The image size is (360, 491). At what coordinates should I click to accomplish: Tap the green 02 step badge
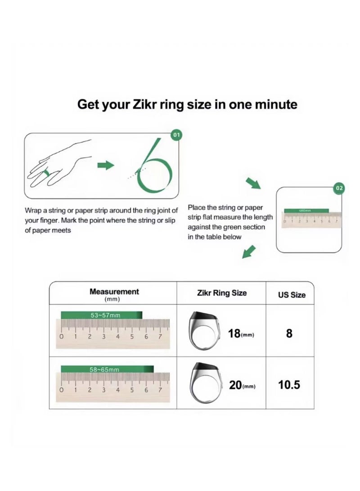[x=339, y=188]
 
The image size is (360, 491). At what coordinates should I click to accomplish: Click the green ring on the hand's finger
[x=46, y=173]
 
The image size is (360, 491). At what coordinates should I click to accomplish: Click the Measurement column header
[x=114, y=292]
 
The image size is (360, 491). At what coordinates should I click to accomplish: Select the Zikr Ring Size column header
[x=222, y=293]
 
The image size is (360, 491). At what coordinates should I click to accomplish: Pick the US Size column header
[x=291, y=295]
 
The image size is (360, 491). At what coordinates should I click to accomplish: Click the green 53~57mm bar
[x=102, y=315]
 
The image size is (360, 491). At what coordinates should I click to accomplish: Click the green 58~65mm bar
[x=107, y=369]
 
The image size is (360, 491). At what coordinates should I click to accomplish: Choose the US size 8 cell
[x=289, y=333]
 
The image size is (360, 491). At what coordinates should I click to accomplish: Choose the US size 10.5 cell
[x=289, y=386]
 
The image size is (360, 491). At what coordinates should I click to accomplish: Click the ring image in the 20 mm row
[x=205, y=383]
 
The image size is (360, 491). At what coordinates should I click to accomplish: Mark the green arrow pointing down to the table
[x=249, y=252]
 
